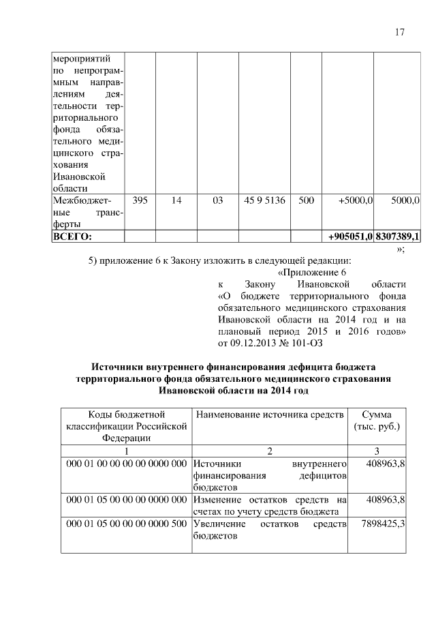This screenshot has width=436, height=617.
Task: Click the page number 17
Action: point(400,32)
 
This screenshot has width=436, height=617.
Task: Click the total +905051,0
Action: point(350,236)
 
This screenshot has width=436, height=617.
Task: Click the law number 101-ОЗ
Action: point(305,343)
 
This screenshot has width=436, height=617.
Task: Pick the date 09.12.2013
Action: point(258,343)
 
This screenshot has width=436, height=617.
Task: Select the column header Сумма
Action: point(377,414)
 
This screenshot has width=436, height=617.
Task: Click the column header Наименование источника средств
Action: point(269,414)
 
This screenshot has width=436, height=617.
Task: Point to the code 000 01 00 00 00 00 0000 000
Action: point(126,464)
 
